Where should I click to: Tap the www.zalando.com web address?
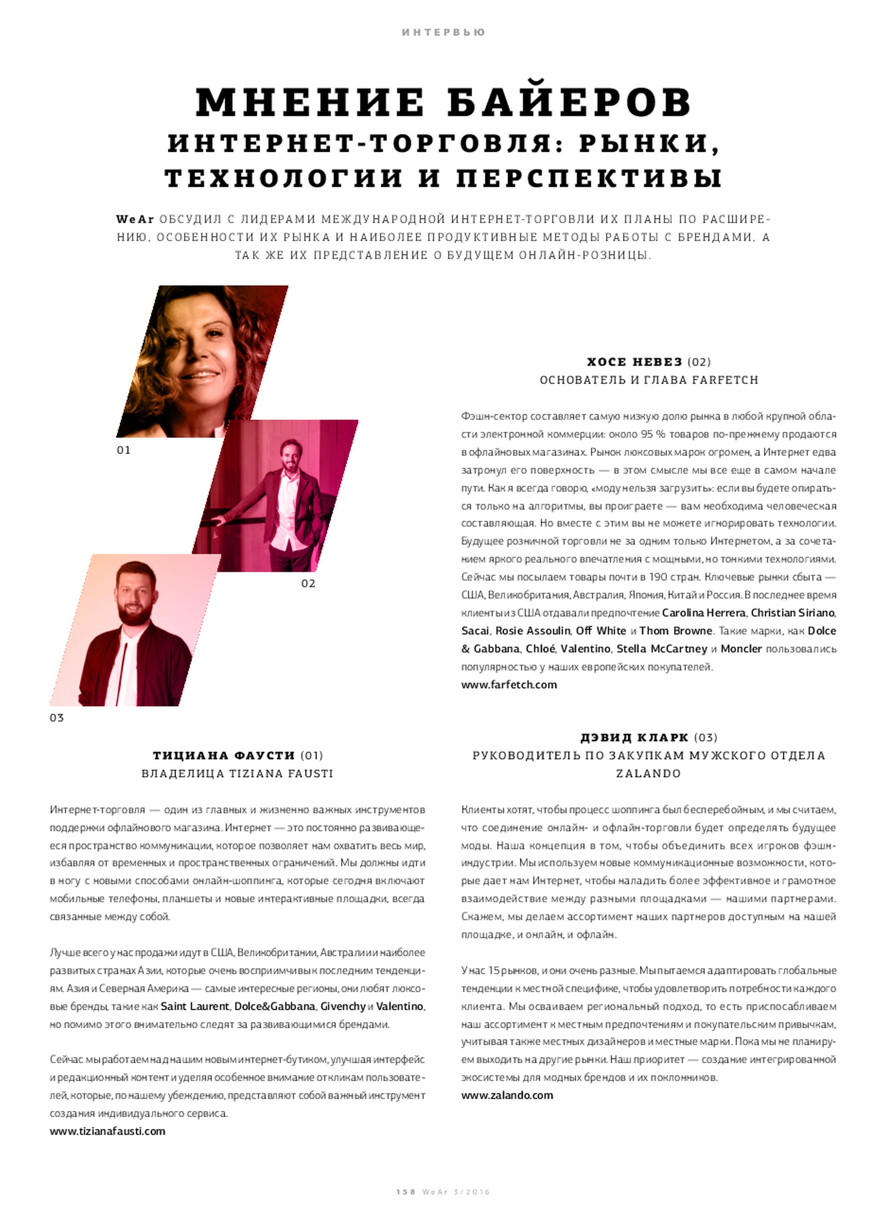coord(507,1095)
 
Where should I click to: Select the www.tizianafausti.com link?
coord(107,1131)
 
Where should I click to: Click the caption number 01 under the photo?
coord(124,450)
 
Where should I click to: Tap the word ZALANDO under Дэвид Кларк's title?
coord(649,774)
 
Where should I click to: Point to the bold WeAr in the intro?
coord(135,219)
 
